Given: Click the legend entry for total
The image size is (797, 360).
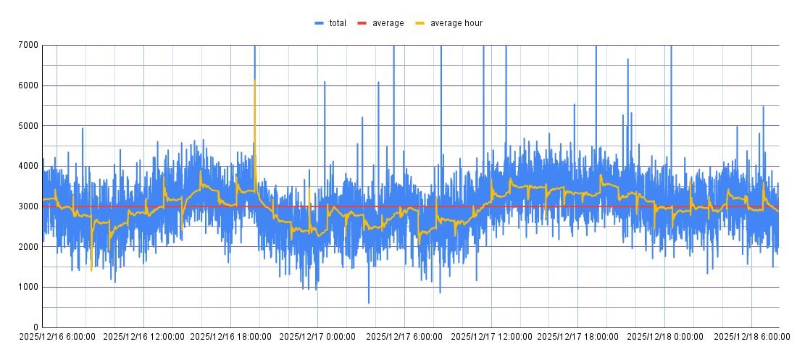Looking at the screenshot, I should click(x=337, y=23).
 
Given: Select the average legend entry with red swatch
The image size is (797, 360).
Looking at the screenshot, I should click(x=388, y=23).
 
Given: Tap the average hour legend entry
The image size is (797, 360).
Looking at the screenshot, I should click(x=456, y=23).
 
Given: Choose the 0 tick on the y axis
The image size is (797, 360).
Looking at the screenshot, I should click(x=36, y=327).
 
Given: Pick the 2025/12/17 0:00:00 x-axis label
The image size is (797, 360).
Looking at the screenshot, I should click(x=317, y=337).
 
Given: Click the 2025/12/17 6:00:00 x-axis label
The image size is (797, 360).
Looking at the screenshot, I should click(x=404, y=337).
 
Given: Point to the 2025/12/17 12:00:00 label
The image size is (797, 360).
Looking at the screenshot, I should click(x=491, y=337).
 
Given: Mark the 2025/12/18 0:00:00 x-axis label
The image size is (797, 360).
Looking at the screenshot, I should click(x=664, y=337).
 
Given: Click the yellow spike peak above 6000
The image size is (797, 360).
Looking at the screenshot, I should click(x=254, y=80).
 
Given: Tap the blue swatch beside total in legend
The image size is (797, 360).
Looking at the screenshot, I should click(x=319, y=23).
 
